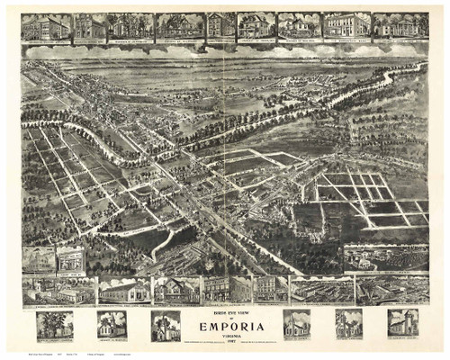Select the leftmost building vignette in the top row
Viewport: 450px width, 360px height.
[48, 26]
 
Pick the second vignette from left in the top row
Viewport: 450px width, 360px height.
[91, 26]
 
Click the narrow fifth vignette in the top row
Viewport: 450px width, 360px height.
[220, 26]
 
